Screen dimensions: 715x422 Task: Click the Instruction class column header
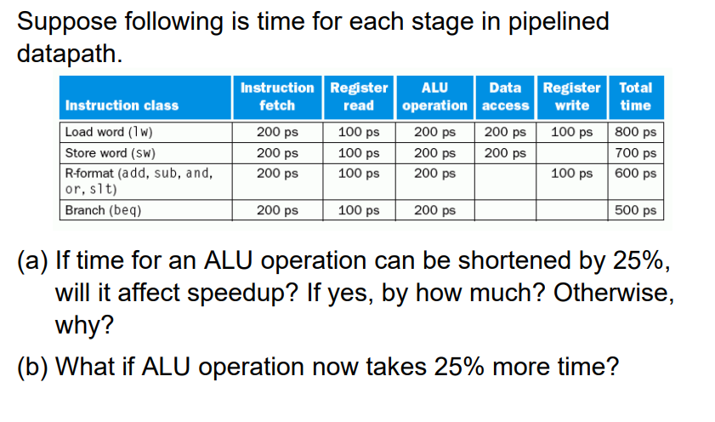[122, 105]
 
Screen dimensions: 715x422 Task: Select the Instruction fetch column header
[277, 96]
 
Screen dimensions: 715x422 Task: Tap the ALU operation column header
[434, 96]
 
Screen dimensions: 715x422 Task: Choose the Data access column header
[505, 96]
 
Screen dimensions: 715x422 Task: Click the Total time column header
[636, 96]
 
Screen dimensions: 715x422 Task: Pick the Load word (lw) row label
[109, 132]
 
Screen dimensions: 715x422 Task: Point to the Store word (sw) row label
[110, 153]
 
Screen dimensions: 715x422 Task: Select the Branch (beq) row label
[103, 210]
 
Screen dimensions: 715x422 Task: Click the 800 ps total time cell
[635, 132]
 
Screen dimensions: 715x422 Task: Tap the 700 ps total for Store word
[635, 153]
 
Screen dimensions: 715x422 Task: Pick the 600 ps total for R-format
[635, 174]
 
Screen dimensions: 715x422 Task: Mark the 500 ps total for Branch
[635, 210]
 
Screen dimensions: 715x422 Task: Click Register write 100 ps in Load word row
[572, 132]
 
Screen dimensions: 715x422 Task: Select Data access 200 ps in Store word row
[505, 153]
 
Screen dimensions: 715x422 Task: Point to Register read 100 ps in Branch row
[359, 210]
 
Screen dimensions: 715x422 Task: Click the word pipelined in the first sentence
[558, 22]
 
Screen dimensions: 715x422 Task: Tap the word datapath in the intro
[70, 54]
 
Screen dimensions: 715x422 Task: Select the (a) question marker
[32, 261]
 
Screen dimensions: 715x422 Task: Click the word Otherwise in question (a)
[613, 293]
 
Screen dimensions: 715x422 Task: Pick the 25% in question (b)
[459, 367]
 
